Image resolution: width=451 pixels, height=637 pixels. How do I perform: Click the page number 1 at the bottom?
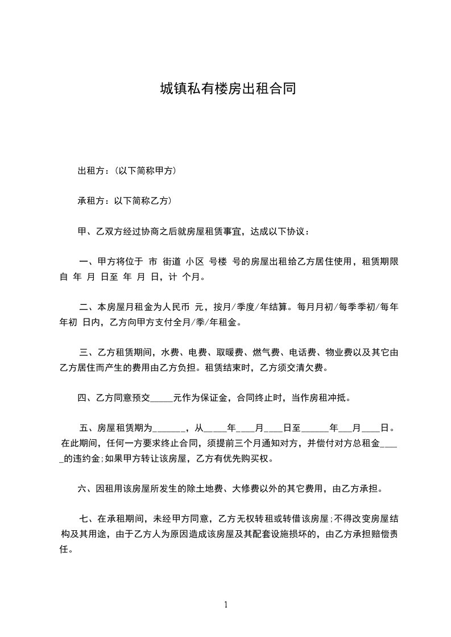point(226,605)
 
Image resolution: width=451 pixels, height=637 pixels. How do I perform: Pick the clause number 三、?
point(88,353)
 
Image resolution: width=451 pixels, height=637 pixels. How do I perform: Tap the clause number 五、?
point(88,428)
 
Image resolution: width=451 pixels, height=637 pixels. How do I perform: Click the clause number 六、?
point(86,488)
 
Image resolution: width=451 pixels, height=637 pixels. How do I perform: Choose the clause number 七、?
point(88,518)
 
